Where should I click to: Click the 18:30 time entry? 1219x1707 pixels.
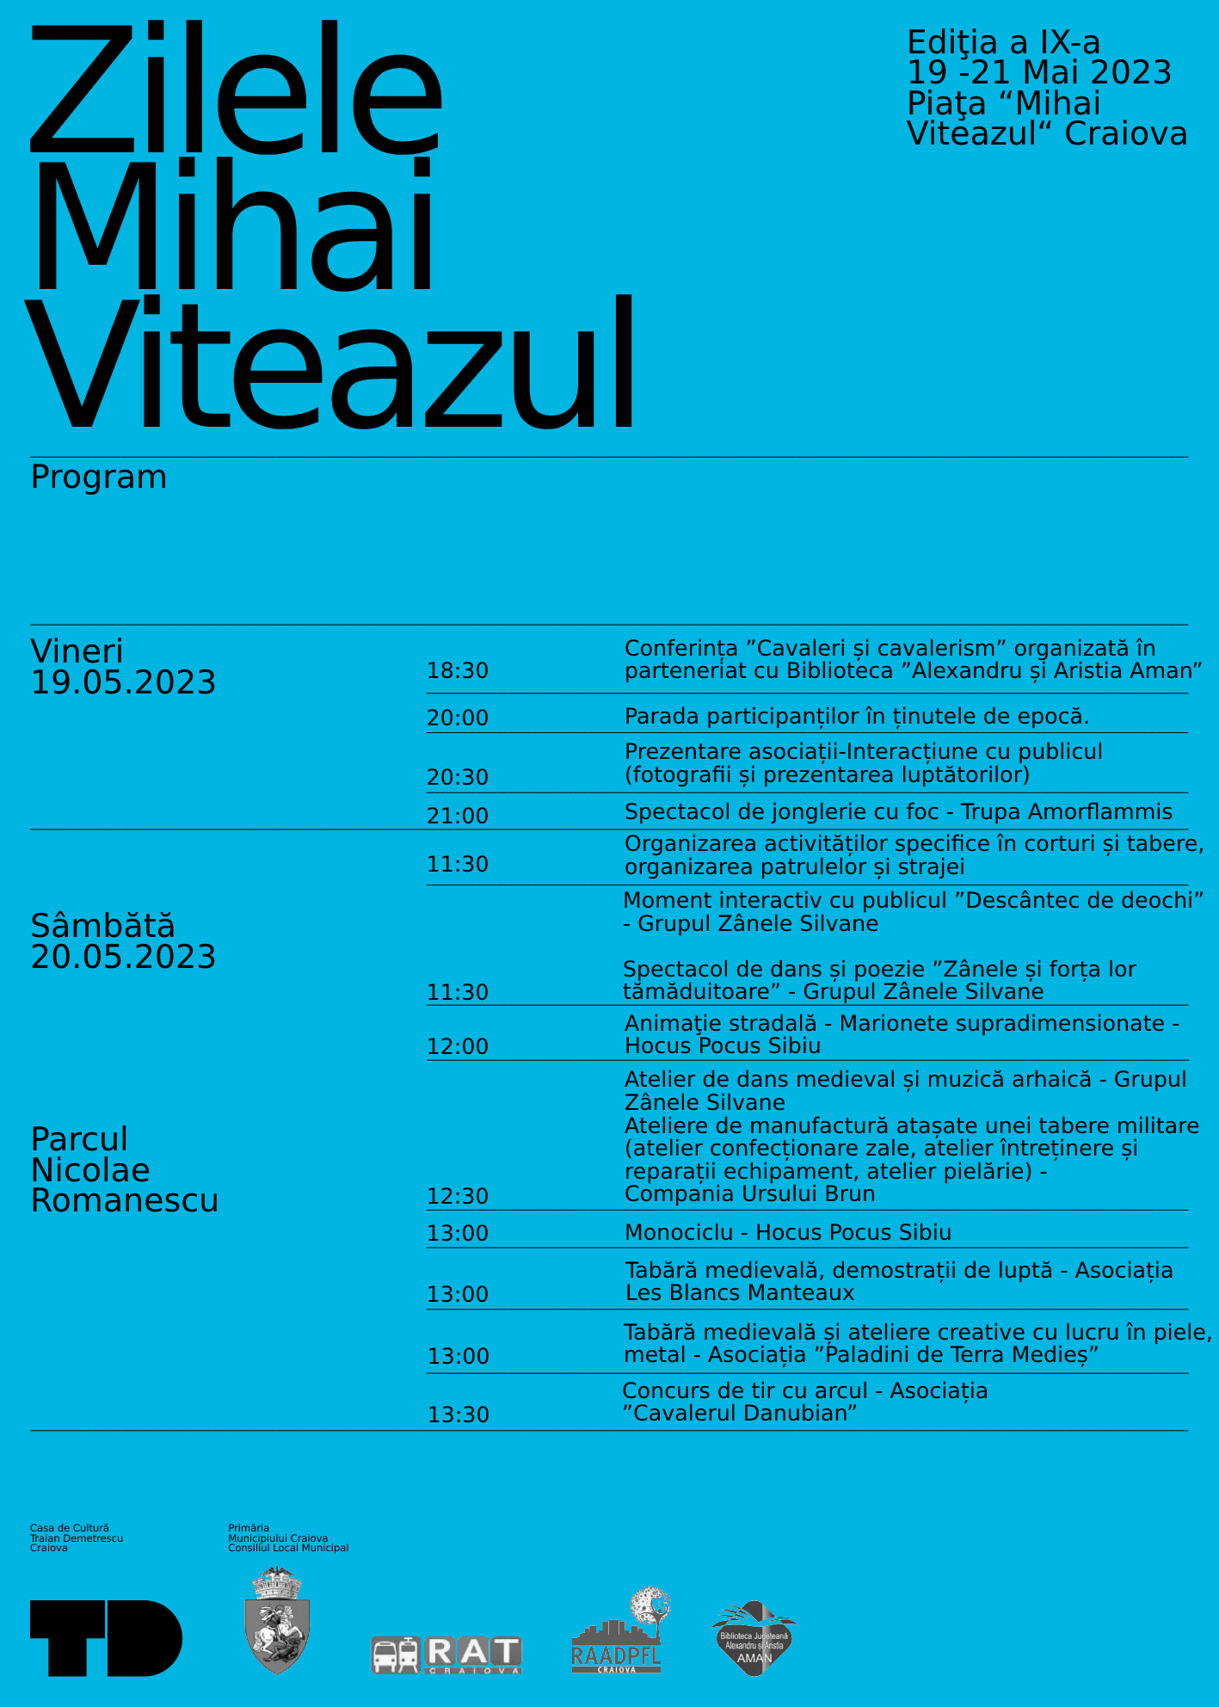tap(457, 670)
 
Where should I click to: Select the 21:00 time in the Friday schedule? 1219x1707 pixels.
tap(457, 816)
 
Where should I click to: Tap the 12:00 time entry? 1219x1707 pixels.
tap(457, 1046)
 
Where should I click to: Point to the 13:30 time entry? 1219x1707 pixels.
tap(458, 1414)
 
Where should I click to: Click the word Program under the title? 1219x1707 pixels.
tap(99, 477)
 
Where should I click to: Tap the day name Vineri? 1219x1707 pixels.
tap(77, 651)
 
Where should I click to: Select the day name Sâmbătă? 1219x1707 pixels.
tap(102, 926)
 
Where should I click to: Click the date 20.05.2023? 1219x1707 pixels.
tap(123, 957)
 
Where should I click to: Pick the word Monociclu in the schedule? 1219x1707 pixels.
tap(679, 1232)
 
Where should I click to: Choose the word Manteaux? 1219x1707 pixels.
tap(800, 1292)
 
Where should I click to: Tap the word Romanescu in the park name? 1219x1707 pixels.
tap(125, 1200)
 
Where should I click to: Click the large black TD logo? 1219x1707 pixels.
tap(106, 1638)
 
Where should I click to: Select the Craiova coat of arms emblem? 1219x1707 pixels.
tap(277, 1620)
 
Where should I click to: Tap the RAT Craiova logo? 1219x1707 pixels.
tap(446, 1655)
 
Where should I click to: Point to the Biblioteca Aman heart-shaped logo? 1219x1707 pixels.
tap(754, 1638)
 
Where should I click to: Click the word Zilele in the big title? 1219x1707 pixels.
tap(236, 90)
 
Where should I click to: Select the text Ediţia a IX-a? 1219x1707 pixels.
tap(1003, 42)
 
